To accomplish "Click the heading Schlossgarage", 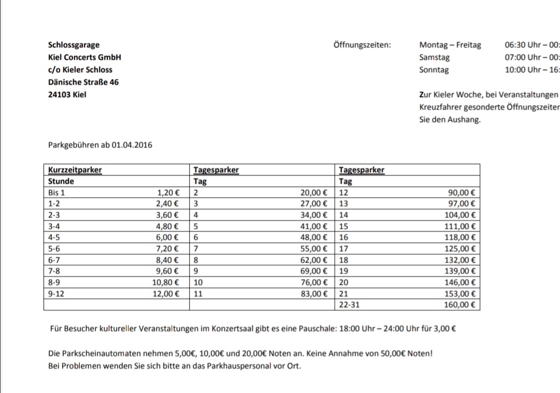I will (x=74, y=45).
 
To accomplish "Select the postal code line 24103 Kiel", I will (x=67, y=95).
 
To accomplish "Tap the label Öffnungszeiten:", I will (x=362, y=45).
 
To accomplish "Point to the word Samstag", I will (x=434, y=58).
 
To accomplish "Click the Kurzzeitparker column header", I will (x=75, y=170).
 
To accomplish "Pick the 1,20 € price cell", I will (x=168, y=192).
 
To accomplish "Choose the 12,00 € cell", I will (x=166, y=294).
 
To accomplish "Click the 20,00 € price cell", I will (x=314, y=192).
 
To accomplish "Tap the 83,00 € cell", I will (x=314, y=294).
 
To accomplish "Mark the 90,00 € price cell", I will (x=461, y=192).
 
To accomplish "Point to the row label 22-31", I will (x=349, y=305).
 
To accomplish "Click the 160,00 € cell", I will (x=459, y=305).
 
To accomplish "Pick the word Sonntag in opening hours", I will (x=434, y=70).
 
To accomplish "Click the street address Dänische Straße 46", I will (x=83, y=82).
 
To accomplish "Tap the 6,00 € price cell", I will (x=168, y=237).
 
